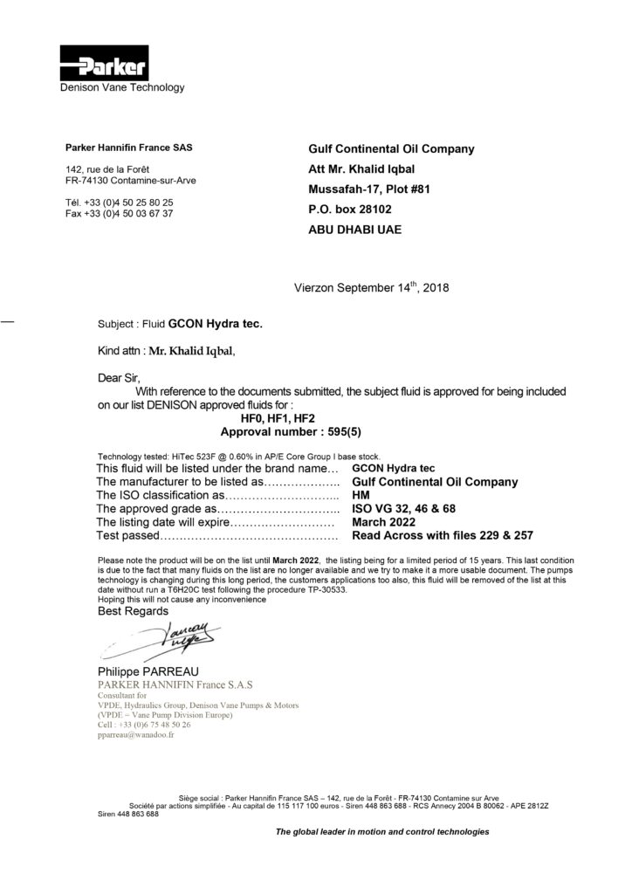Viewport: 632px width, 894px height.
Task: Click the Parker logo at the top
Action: [104, 63]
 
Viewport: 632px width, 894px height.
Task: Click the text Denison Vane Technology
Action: [122, 87]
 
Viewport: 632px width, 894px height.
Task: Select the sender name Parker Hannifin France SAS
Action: [129, 148]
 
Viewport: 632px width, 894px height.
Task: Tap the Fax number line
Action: [119, 214]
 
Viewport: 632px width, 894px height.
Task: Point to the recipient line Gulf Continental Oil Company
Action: [391, 148]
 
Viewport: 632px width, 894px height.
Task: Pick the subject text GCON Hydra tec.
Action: [215, 323]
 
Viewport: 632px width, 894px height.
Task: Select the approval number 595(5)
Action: [316, 432]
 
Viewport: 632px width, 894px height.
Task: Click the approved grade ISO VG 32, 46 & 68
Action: [403, 508]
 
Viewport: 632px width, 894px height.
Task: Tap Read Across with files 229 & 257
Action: [442, 535]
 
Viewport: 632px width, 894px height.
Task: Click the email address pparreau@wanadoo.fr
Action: [137, 736]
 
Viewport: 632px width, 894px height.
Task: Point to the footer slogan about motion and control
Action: [382, 832]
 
